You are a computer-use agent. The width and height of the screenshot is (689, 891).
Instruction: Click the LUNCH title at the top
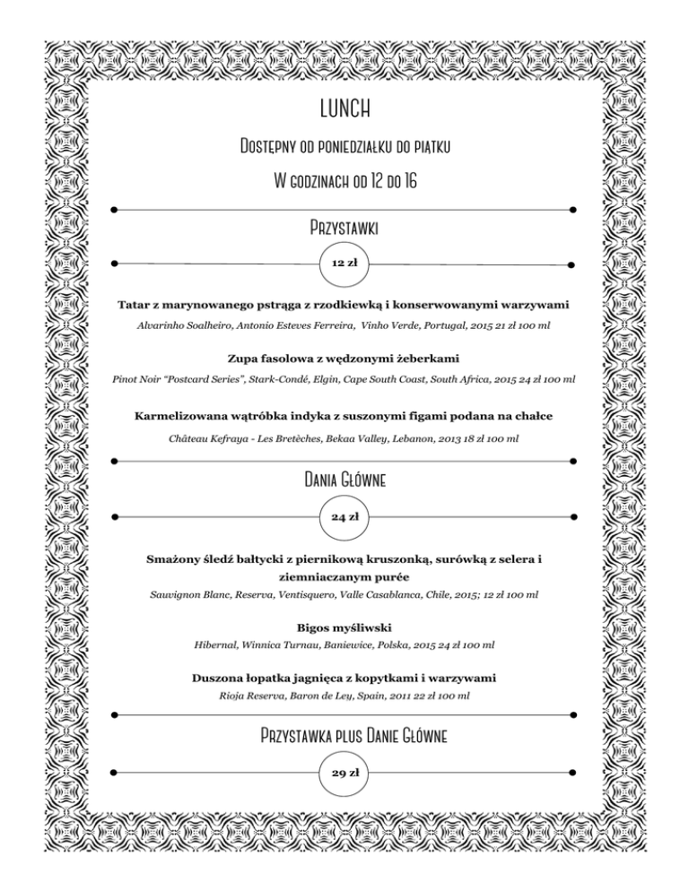(x=344, y=109)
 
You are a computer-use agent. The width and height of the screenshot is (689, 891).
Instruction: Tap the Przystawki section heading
(x=344, y=227)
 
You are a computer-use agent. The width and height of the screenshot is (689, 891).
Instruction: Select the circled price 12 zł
(x=344, y=264)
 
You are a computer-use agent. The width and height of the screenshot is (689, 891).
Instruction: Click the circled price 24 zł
(x=344, y=517)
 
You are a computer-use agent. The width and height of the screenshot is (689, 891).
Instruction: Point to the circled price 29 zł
(x=344, y=773)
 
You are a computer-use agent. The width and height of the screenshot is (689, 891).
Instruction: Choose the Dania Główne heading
(x=344, y=480)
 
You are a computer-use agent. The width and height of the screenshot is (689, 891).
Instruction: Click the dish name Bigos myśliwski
(x=344, y=627)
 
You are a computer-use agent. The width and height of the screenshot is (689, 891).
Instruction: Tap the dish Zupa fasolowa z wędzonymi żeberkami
(x=344, y=359)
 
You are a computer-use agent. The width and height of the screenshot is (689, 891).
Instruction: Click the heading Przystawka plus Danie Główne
(x=344, y=736)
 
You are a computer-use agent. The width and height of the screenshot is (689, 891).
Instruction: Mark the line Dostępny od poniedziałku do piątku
(x=344, y=146)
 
